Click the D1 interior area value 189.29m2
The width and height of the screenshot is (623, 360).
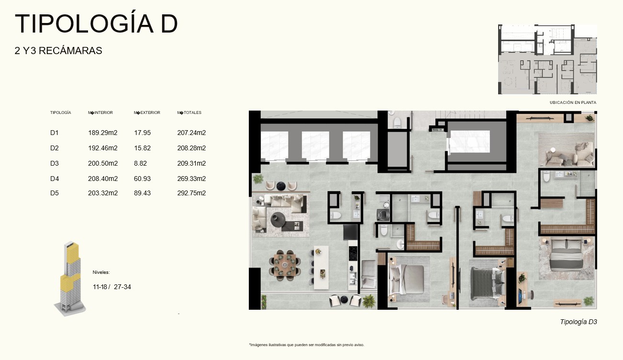(x=102, y=133)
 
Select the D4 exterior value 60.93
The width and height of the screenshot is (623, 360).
(x=142, y=179)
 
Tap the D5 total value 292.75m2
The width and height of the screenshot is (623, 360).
(x=191, y=193)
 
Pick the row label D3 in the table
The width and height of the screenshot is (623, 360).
(x=55, y=163)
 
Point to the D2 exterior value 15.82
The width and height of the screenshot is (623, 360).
(x=142, y=148)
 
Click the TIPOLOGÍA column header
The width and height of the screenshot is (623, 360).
(x=61, y=112)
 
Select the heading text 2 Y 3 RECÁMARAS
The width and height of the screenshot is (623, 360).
(x=58, y=51)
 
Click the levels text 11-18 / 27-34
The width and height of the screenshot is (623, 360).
(x=112, y=287)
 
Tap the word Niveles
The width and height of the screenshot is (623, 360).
(x=101, y=272)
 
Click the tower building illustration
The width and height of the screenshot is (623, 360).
(x=70, y=279)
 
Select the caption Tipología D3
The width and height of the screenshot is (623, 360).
(x=578, y=322)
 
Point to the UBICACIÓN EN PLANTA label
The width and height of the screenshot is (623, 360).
(x=573, y=102)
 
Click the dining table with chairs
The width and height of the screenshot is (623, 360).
(x=285, y=264)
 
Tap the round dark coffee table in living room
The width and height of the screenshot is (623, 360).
(x=278, y=219)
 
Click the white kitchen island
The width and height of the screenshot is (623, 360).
(x=321, y=268)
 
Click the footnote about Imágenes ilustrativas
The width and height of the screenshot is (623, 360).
(x=307, y=345)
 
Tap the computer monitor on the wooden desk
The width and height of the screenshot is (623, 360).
(x=520, y=296)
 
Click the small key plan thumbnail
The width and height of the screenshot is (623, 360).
(x=547, y=59)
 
